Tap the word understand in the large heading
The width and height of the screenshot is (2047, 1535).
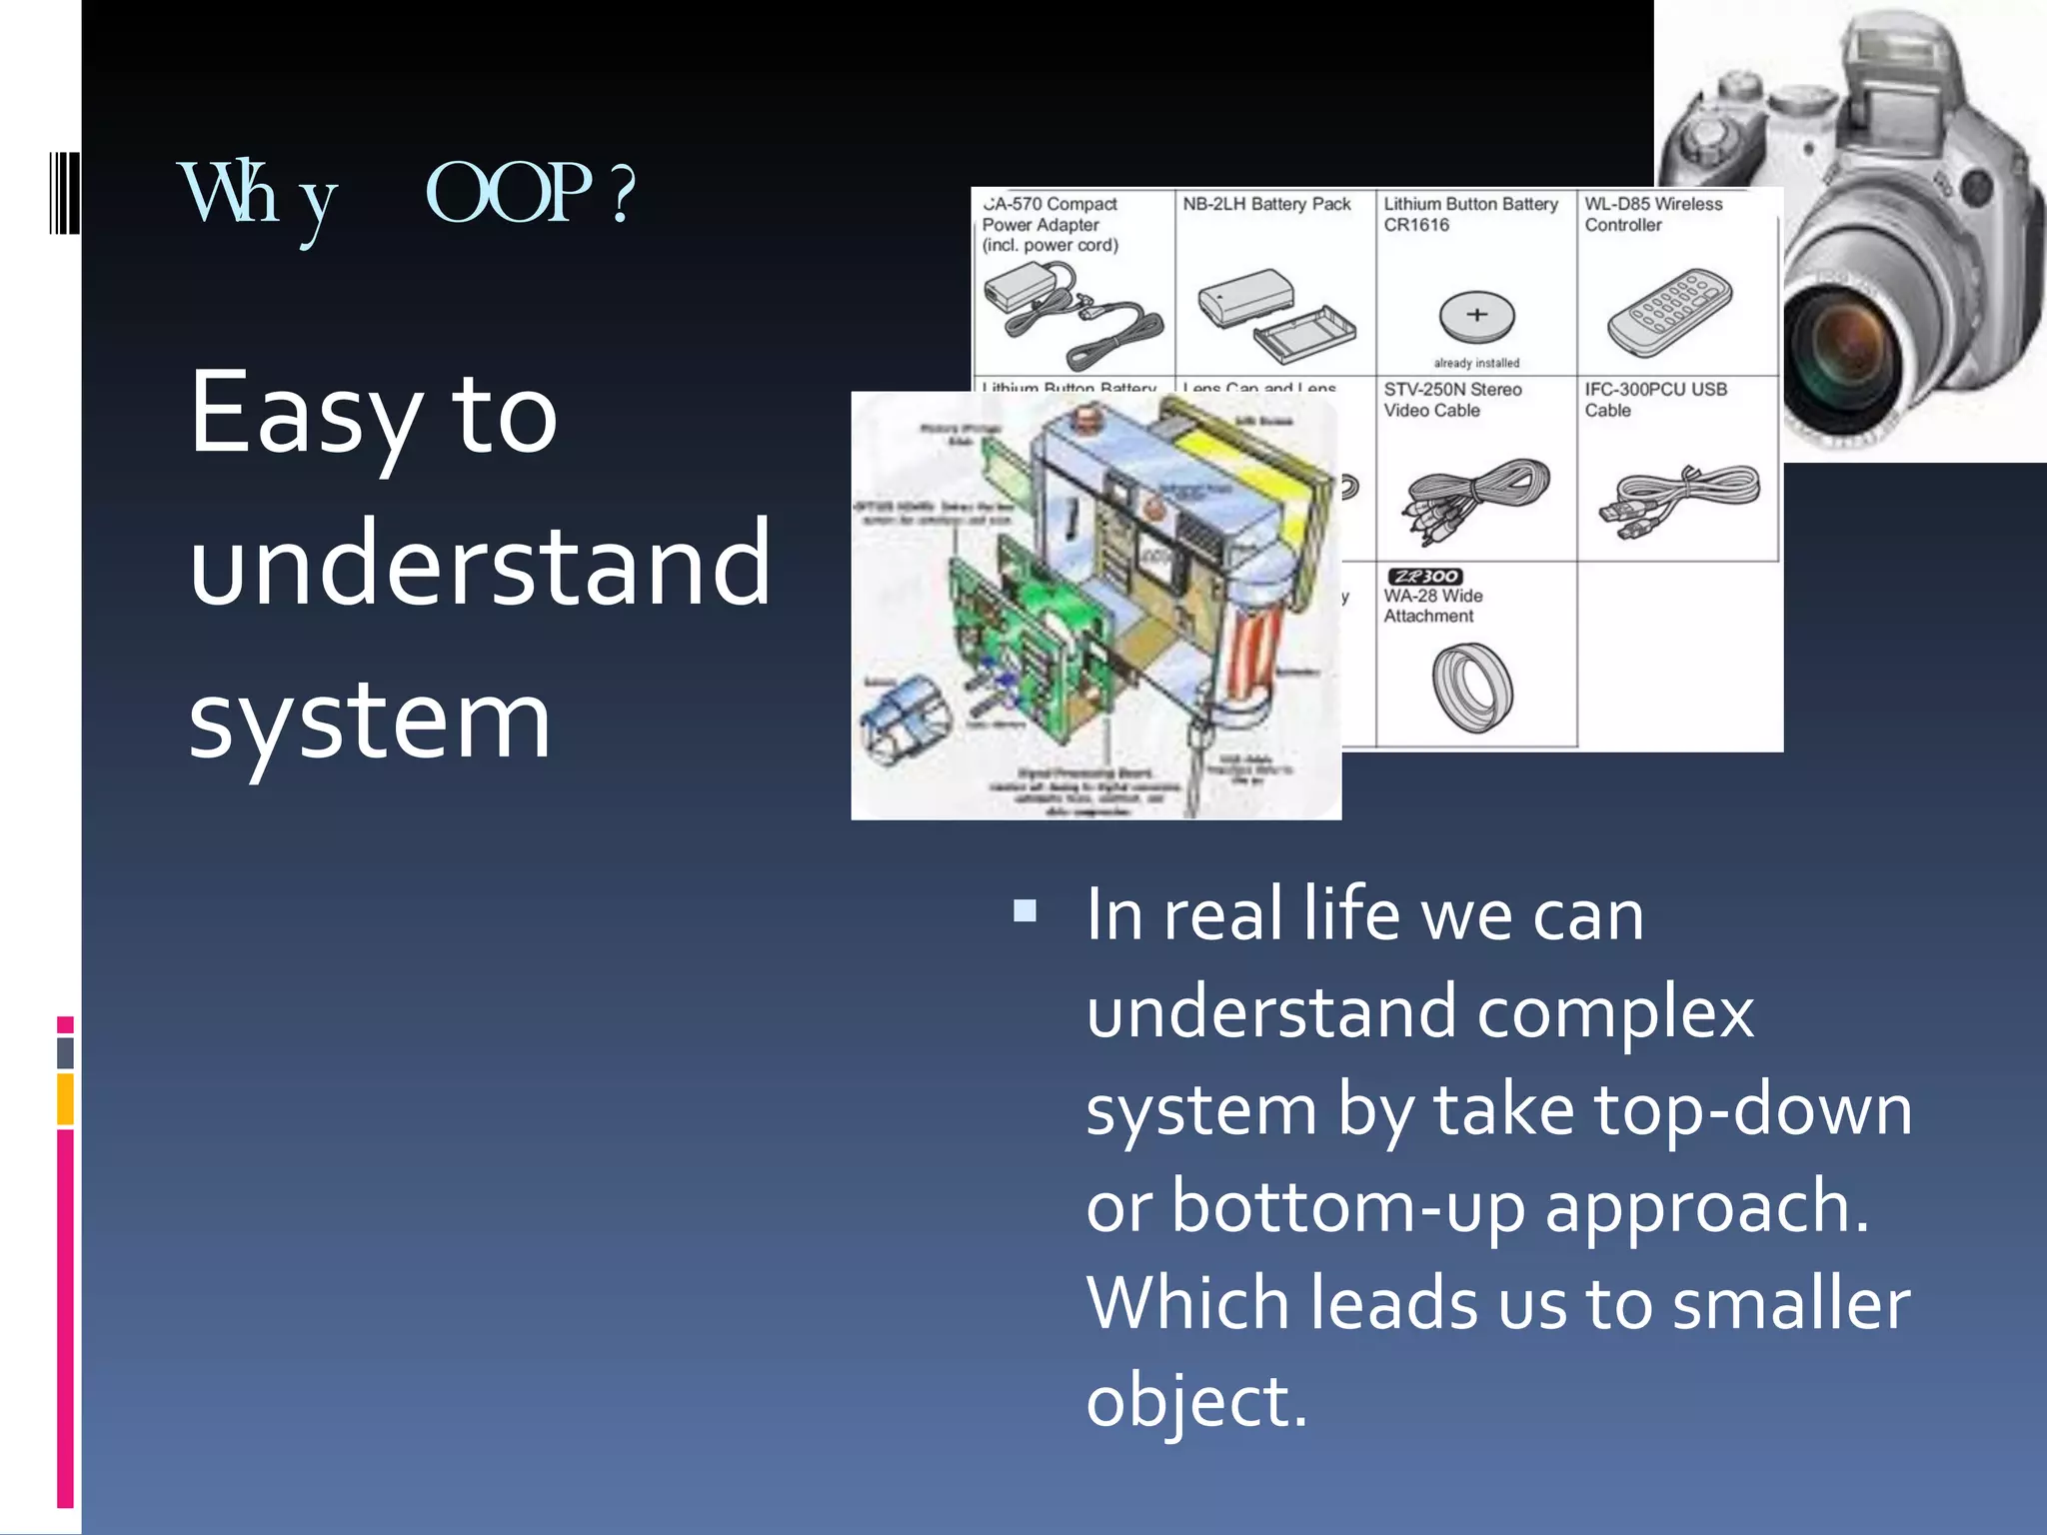coord(480,565)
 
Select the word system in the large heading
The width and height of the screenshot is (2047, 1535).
coord(370,720)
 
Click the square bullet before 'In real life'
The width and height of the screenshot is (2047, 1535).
coord(1024,910)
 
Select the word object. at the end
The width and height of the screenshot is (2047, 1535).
coord(1195,1400)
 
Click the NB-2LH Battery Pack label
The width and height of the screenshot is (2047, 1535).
coord(1265,204)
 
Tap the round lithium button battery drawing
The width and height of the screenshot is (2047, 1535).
coord(1476,316)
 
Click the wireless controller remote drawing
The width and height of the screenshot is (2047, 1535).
coord(1669,312)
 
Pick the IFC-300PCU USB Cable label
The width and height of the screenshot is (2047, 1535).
coord(1654,399)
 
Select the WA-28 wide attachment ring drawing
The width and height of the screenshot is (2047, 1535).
coord(1472,687)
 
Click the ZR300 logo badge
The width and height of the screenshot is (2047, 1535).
coord(1424,577)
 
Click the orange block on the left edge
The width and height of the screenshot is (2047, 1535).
coord(65,1099)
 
